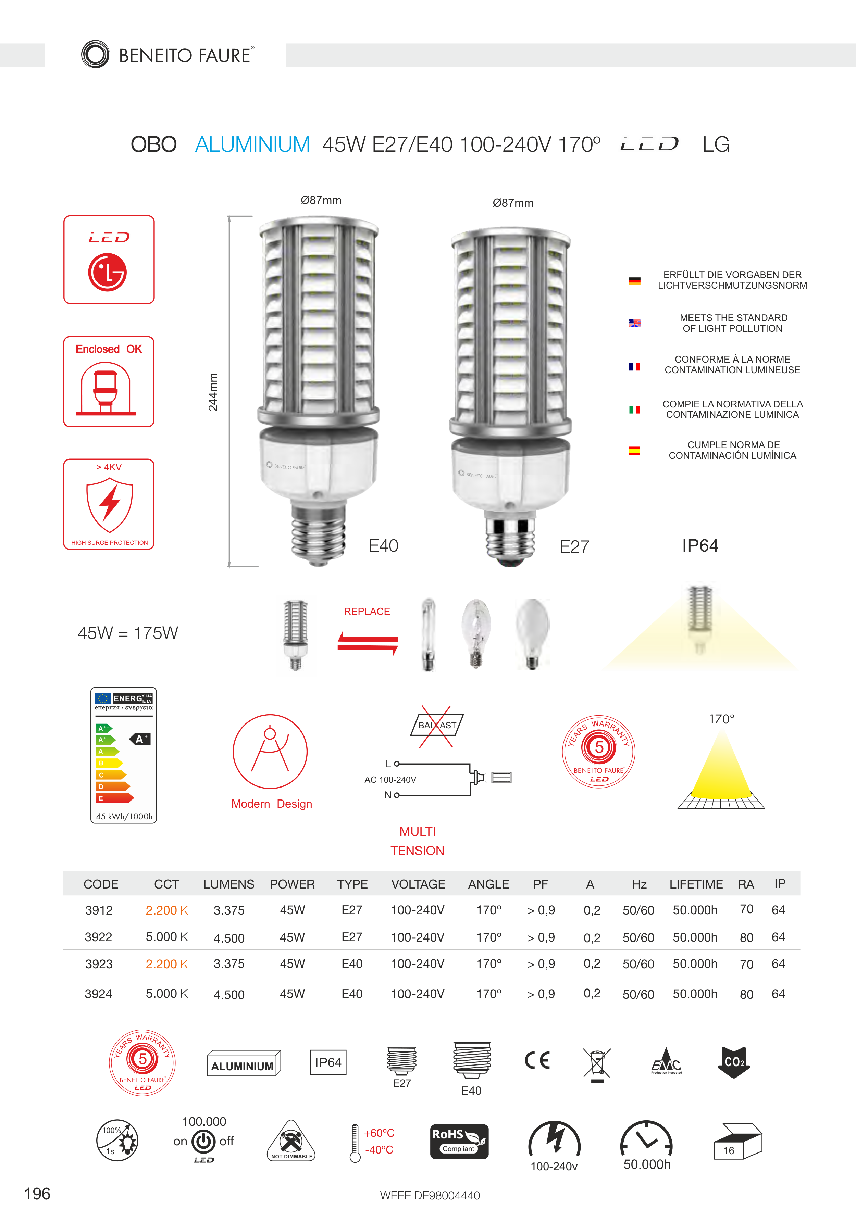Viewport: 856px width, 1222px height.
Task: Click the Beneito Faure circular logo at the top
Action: [x=95, y=54]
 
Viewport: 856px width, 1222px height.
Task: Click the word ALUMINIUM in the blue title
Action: [x=252, y=144]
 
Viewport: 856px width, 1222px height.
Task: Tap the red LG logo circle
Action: [x=108, y=272]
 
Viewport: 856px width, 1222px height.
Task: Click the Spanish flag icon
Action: [x=634, y=451]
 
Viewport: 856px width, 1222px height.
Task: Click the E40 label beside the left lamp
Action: [x=383, y=545]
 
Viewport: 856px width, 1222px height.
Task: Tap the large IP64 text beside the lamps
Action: [x=700, y=545]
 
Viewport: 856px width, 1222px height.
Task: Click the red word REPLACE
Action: [x=367, y=612]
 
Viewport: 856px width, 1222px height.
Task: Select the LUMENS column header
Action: [x=228, y=884]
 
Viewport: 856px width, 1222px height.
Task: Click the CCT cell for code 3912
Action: [x=166, y=910]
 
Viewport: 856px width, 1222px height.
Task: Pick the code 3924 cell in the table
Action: [x=99, y=994]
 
